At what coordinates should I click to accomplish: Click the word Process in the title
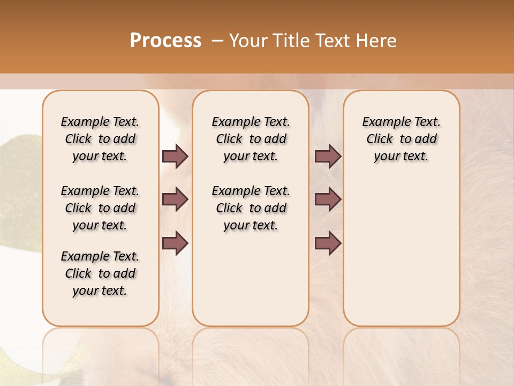pos(165,41)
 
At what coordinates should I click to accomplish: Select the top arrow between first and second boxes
pos(175,156)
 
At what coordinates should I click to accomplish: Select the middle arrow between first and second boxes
pos(175,199)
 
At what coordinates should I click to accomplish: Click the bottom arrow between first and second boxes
pos(175,243)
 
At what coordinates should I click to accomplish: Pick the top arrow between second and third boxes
pos(328,156)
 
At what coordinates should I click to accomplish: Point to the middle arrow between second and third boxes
pos(328,199)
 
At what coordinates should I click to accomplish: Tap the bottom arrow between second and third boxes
pos(328,243)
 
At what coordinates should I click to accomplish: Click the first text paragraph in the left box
pos(100,139)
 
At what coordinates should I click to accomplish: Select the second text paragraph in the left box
pos(100,208)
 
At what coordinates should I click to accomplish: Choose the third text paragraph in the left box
pos(100,273)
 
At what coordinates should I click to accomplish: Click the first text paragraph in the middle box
pos(251,139)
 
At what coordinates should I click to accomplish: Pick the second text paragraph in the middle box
pos(251,208)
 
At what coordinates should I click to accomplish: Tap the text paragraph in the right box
pos(401,139)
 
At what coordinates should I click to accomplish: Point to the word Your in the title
pos(248,41)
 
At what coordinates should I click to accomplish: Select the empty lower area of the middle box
pos(251,279)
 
